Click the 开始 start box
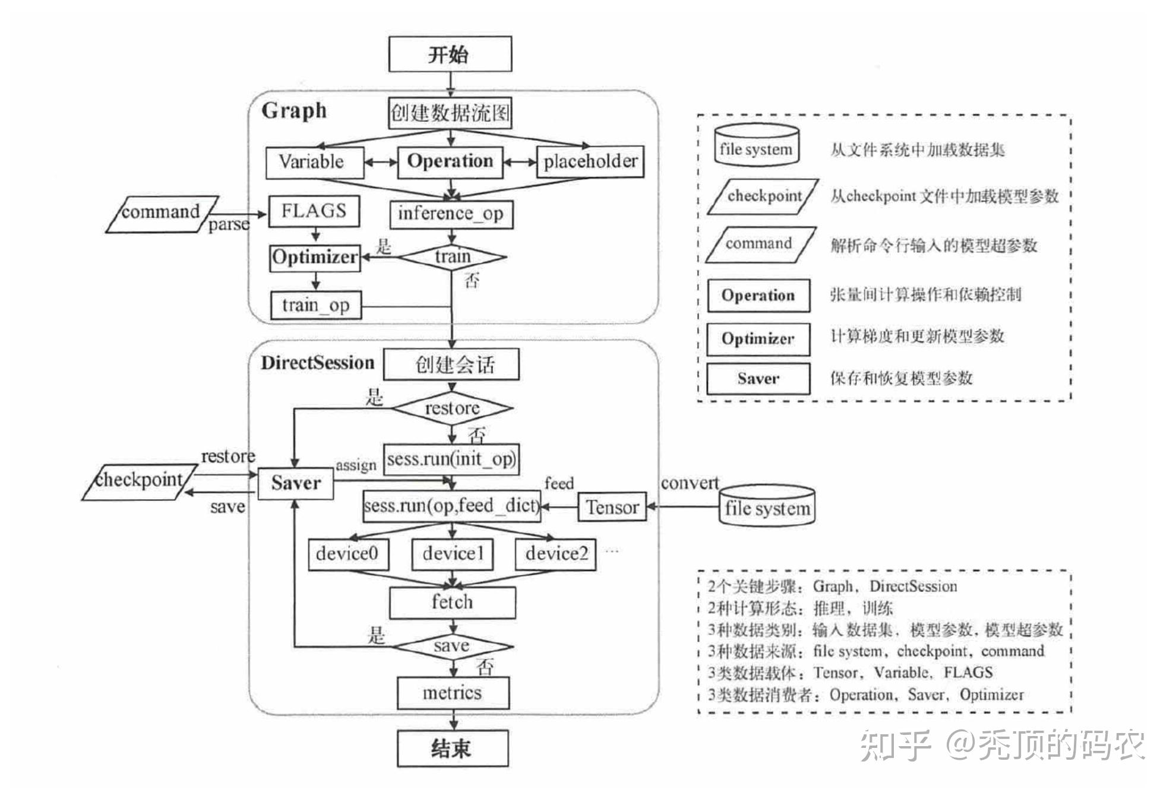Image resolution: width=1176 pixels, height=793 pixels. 450,54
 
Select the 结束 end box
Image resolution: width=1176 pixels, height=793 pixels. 453,748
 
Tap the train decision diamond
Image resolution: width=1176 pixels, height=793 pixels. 452,257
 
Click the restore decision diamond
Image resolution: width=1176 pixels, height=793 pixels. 452,408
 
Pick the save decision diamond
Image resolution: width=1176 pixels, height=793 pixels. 453,646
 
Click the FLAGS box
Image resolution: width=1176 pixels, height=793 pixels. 314,211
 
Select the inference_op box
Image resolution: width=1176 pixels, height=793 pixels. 451,214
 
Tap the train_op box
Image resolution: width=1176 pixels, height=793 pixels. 315,305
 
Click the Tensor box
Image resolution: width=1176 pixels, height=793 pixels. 612,507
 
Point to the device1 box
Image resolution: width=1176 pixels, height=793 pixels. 453,554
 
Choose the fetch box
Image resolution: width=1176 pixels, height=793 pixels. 452,602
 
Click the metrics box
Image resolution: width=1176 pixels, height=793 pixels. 453,693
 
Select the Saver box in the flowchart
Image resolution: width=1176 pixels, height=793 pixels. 295,483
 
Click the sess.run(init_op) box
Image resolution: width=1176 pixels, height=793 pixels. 451,459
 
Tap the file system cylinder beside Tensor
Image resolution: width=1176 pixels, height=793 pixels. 767,506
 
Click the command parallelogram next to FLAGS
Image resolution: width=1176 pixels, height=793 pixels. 162,213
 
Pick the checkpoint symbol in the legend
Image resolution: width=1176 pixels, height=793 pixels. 763,196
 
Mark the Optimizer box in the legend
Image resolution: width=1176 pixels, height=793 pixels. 757,339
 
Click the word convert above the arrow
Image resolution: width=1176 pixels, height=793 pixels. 689,483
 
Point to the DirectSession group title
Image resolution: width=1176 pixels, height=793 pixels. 317,363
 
